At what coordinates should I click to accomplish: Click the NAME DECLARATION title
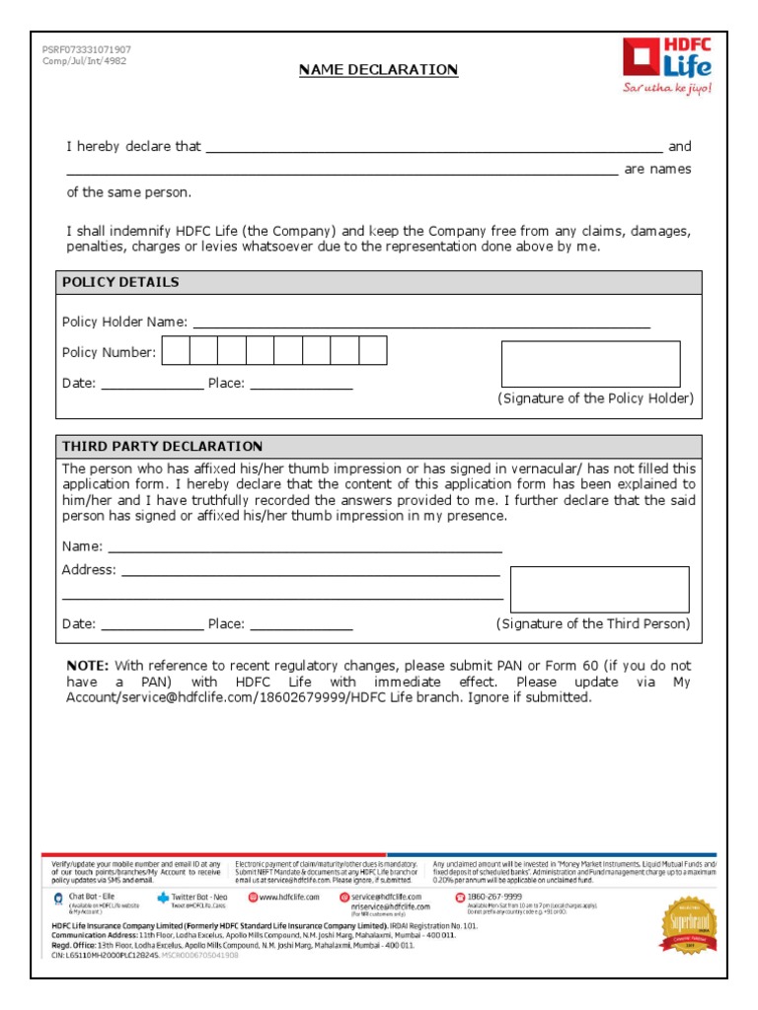tap(379, 69)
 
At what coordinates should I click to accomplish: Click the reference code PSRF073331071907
tap(86, 49)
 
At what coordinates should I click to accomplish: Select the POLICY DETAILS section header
tap(121, 282)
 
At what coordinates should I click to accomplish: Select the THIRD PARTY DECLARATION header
tap(163, 447)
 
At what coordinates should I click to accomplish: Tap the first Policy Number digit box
tap(176, 351)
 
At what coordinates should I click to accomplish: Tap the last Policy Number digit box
tap(373, 351)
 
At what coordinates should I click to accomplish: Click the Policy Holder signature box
tap(590, 364)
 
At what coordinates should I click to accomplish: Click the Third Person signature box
tap(599, 589)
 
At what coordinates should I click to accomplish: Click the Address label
tap(89, 570)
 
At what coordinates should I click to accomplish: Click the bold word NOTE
tap(87, 666)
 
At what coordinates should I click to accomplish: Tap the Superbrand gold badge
tap(689, 924)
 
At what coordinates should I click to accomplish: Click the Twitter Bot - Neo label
tap(199, 897)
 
